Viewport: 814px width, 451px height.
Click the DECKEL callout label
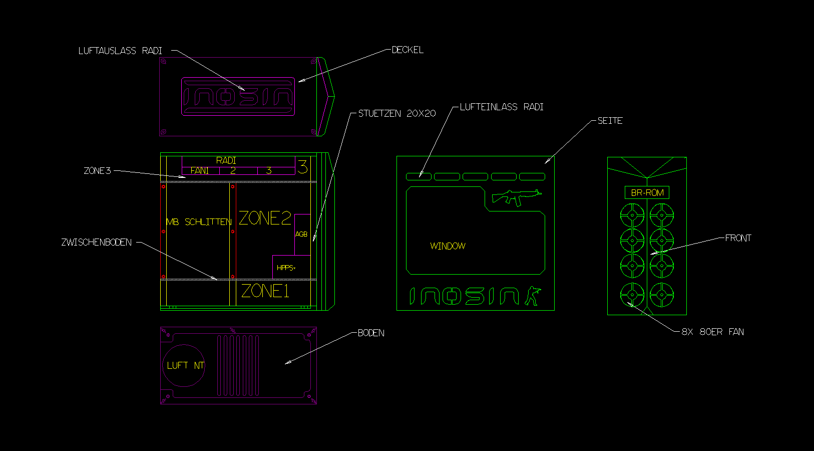pyautogui.click(x=408, y=50)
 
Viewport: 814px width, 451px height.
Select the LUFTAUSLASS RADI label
pyautogui.click(x=120, y=51)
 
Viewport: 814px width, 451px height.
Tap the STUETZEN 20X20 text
pyautogui.click(x=397, y=114)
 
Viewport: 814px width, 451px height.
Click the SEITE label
pyautogui.click(x=610, y=121)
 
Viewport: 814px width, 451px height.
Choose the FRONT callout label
pyautogui.click(x=738, y=238)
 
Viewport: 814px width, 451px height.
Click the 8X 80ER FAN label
pyautogui.click(x=712, y=332)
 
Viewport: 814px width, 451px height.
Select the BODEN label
pyautogui.click(x=371, y=333)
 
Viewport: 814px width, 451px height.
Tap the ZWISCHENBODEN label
pyautogui.click(x=97, y=243)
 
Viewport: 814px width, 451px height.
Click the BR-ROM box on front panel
pyautogui.click(x=647, y=192)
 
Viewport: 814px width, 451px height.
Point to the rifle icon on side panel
pyautogui.click(x=516, y=197)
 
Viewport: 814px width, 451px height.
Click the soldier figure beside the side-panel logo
pyautogui.click(x=533, y=296)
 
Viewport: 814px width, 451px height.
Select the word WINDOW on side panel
pyautogui.click(x=448, y=246)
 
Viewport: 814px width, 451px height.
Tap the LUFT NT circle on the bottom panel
pyautogui.click(x=184, y=365)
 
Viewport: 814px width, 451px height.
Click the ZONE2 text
pyautogui.click(x=265, y=218)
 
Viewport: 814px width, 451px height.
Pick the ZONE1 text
pyautogui.click(x=265, y=291)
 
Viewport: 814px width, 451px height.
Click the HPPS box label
pyautogui.click(x=286, y=268)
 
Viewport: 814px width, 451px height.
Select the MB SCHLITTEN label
pyautogui.click(x=199, y=221)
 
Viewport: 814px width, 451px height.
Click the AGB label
pyautogui.click(x=301, y=234)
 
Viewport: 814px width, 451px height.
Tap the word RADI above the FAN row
pyautogui.click(x=226, y=160)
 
